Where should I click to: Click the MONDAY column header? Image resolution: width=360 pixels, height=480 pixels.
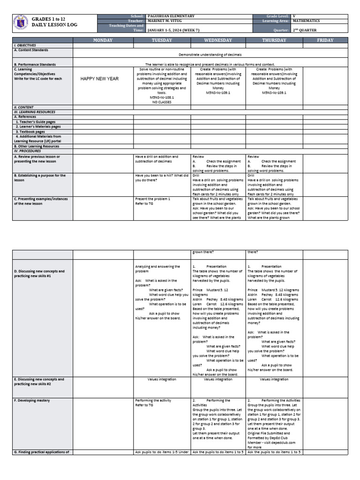click(x=103, y=40)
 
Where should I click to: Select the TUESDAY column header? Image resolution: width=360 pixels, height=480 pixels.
click(x=162, y=40)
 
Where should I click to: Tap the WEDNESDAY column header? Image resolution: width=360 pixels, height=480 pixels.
click(x=218, y=40)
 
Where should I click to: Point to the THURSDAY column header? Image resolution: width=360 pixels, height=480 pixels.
click(x=274, y=40)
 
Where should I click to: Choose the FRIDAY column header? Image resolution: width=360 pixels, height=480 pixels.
click(x=325, y=40)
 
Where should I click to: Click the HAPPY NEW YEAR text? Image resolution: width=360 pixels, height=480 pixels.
click(x=100, y=78)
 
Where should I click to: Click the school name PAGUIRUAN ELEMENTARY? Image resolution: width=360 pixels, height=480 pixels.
click(x=171, y=16)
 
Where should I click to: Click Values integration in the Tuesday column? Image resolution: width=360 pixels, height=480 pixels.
click(x=162, y=379)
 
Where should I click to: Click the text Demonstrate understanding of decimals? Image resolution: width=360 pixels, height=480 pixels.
click(x=210, y=55)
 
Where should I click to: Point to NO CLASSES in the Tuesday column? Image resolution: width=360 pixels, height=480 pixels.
click(x=162, y=102)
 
